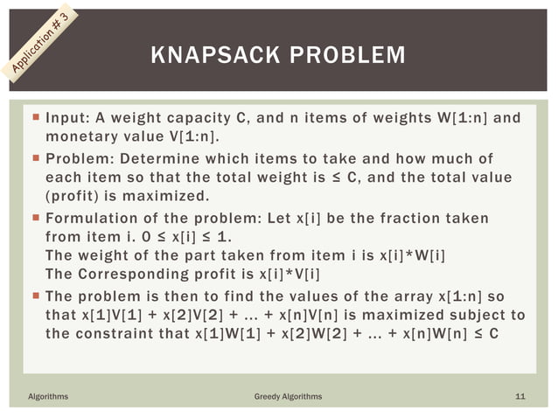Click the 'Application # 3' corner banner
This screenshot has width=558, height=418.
40,40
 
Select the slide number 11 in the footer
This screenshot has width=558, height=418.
520,396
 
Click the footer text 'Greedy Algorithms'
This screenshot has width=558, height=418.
288,396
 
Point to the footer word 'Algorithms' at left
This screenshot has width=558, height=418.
47,396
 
